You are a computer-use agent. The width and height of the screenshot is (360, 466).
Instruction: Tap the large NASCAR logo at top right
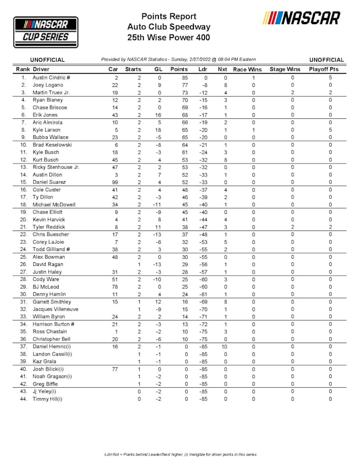[x=302, y=18]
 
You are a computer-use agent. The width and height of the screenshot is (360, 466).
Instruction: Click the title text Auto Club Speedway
[x=169, y=27]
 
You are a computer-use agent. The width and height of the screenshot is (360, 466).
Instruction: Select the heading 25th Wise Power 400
[x=169, y=37]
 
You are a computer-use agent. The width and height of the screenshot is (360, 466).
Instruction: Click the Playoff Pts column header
[x=323, y=69]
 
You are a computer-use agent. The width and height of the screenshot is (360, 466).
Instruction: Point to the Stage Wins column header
[x=285, y=69]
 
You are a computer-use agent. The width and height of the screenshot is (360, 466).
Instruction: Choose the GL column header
[x=158, y=69]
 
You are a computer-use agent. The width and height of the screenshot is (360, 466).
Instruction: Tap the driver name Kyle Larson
[x=47, y=130]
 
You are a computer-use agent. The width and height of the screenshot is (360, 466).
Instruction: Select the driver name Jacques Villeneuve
[x=56, y=309]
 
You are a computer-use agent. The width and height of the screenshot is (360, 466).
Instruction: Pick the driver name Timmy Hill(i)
[x=47, y=399]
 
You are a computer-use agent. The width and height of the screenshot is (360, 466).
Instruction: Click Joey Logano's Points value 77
[x=179, y=85]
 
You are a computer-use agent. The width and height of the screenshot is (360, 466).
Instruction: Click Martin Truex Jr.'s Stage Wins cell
[x=292, y=93]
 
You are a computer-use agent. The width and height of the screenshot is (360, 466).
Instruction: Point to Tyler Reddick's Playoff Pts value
[x=330, y=227]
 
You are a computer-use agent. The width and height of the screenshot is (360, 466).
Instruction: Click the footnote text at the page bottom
[x=179, y=454]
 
